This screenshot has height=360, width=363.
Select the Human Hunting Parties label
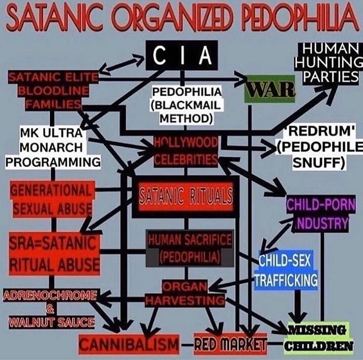tap(328, 62)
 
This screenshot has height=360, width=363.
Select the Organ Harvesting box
tap(185, 293)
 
